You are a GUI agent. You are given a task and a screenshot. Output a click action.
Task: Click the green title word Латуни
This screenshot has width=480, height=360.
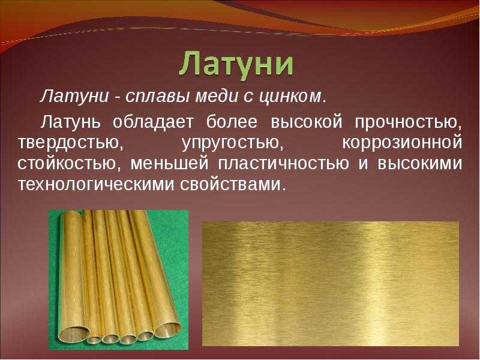tap(236, 65)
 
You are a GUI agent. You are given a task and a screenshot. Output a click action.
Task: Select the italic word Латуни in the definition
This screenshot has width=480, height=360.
tap(74, 97)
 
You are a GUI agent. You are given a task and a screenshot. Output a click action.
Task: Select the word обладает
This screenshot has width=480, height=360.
tap(153, 122)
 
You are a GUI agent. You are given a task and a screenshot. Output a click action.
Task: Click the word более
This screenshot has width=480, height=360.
tap(232, 122)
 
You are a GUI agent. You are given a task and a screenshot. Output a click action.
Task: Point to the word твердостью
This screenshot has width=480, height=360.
tap(70, 143)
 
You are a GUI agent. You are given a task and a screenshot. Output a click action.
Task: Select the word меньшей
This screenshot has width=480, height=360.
tap(170, 164)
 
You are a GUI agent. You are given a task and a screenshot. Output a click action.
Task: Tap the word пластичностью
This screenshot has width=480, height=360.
tap(283, 164)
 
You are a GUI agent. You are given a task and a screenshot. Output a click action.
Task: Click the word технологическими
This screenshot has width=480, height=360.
tap(97, 184)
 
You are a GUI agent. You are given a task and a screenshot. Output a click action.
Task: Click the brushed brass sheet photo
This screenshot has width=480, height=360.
tap(331, 284)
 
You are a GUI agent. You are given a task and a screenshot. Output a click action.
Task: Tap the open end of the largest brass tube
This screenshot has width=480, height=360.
tap(74, 334)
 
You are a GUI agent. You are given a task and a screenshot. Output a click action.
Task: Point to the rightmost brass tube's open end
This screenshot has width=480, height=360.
tap(167, 329)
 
